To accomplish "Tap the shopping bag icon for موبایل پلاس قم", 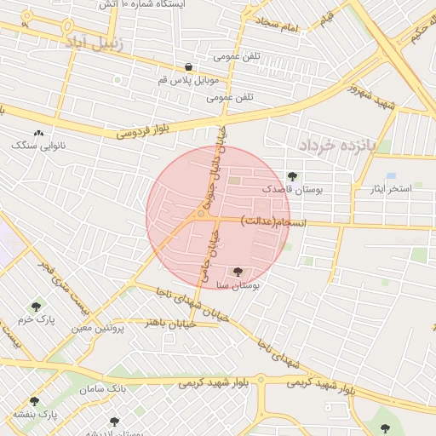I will [188, 67].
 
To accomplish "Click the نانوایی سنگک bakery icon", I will [38, 134].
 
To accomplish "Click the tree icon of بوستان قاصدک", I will [293, 176].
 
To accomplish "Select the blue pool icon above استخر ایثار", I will [391, 176].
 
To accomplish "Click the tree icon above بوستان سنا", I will [236, 272].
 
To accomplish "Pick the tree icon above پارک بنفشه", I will [34, 401].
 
